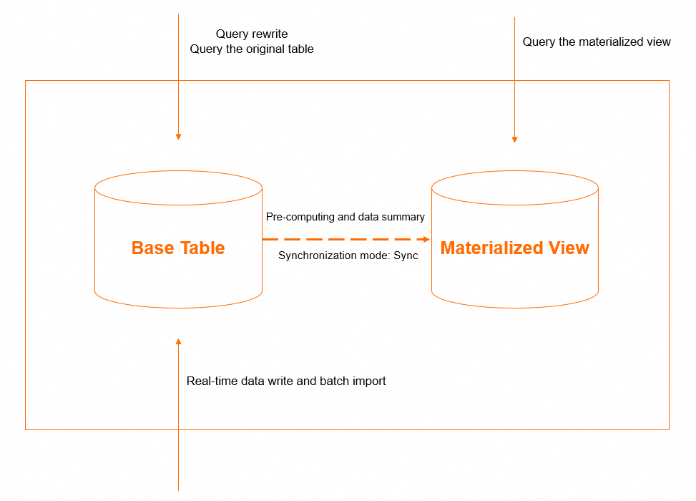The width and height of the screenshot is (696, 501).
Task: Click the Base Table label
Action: point(178,248)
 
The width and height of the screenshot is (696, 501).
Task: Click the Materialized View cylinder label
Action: point(514,248)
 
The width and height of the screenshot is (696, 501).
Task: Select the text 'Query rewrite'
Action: point(252,34)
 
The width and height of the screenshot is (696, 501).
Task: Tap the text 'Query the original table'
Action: point(252,49)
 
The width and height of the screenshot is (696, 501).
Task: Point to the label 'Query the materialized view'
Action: point(597,42)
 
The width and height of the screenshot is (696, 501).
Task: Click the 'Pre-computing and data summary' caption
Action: point(345,217)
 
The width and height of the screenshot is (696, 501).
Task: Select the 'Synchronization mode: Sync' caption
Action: point(348,256)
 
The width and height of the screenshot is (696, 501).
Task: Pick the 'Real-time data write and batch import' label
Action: point(286,381)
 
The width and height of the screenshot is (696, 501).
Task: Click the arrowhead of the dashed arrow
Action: point(426,239)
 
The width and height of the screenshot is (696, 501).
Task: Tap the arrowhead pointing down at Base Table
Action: point(178,137)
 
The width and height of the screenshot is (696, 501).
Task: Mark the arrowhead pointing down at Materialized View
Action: point(514,140)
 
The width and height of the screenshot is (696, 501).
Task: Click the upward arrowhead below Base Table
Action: point(178,342)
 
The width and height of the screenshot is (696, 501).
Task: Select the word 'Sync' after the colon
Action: point(406,256)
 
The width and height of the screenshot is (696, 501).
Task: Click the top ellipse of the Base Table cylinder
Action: point(178,188)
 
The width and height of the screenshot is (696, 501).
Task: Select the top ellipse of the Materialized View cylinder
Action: point(514,188)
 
